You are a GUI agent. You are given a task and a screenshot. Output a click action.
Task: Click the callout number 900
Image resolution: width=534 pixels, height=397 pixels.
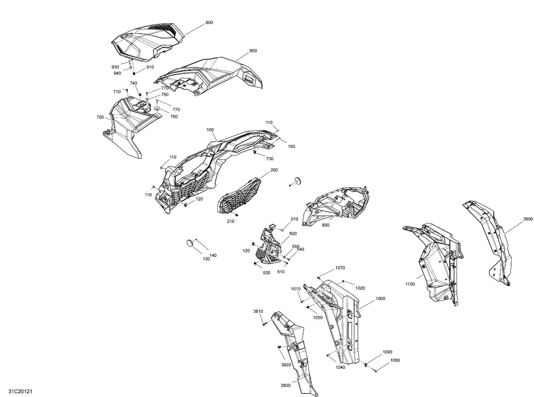click(x=209, y=22)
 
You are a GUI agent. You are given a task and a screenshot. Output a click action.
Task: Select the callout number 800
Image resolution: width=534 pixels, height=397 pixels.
click(x=253, y=51)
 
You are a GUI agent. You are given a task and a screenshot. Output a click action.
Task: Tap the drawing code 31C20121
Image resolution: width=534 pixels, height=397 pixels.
click(x=20, y=391)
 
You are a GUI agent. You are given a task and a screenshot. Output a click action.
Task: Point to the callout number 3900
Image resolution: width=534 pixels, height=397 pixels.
click(x=528, y=219)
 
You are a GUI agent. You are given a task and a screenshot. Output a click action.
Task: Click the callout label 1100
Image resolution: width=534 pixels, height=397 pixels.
click(x=410, y=284)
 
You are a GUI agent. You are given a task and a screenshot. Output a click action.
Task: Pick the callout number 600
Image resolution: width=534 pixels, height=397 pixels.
click(x=325, y=225)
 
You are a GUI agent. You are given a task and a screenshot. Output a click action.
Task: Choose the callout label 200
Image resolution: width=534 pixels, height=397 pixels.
click(x=274, y=170)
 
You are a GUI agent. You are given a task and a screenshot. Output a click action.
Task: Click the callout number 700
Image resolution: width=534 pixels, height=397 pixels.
click(x=100, y=117)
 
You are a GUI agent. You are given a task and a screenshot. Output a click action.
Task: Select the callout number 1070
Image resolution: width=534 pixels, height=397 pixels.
click(x=340, y=268)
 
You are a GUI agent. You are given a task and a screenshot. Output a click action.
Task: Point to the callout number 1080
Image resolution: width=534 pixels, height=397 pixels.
click(x=395, y=360)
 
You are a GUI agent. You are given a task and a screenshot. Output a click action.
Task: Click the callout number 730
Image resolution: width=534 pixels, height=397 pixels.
click(x=269, y=159)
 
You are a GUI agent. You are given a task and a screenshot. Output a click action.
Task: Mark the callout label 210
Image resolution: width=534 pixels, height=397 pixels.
click(x=230, y=221)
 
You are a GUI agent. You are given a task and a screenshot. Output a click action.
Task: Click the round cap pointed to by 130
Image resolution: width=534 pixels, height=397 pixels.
click(x=191, y=243)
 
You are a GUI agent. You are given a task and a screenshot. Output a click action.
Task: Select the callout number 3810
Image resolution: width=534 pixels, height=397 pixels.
click(x=258, y=311)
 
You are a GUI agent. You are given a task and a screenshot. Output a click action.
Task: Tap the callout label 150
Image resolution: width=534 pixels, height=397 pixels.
click(x=291, y=146)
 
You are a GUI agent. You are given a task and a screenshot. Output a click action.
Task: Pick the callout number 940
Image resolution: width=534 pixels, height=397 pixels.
click(x=117, y=73)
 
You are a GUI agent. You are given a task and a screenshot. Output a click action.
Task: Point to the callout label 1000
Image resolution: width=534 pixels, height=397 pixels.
click(x=380, y=298)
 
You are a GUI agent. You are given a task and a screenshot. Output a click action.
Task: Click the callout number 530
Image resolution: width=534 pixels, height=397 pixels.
click(x=267, y=273)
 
